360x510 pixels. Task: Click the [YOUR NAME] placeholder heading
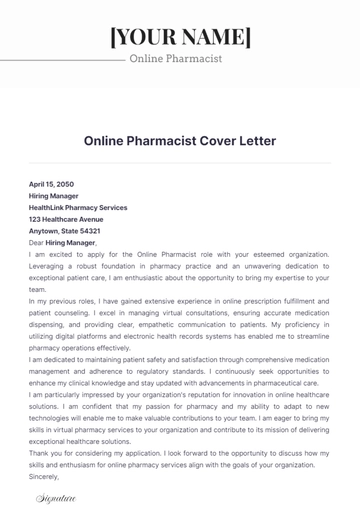point(180,37)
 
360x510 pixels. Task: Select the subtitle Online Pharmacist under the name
point(176,59)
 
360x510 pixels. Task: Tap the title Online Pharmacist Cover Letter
point(180,141)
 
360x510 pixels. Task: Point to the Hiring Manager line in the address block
point(56,196)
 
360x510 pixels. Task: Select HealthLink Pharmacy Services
point(78,207)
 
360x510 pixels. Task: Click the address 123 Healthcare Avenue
point(66,219)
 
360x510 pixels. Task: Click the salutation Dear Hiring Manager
point(63,243)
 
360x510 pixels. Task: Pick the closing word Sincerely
point(45,477)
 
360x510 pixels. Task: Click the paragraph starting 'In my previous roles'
point(180,323)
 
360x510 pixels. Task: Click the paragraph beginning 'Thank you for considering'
point(180,459)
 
